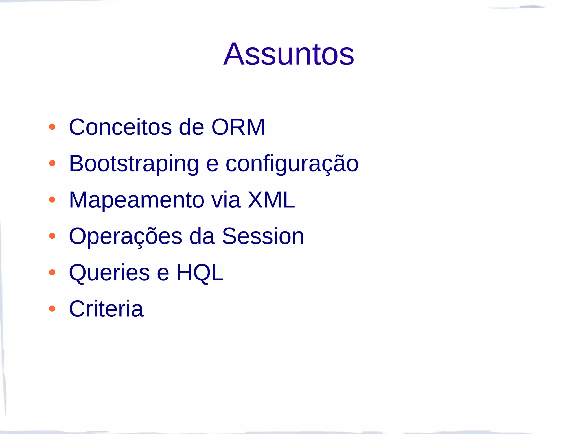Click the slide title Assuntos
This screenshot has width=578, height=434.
(x=289, y=54)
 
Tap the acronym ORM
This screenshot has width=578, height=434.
(x=238, y=127)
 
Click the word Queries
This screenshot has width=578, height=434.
(x=110, y=273)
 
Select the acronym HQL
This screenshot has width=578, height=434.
(x=200, y=273)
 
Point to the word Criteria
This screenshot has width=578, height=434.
(x=106, y=309)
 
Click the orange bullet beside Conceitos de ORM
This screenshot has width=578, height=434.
(x=52, y=127)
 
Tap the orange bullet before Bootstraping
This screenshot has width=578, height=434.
(x=52, y=163)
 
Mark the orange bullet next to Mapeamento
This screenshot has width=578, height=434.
(x=52, y=200)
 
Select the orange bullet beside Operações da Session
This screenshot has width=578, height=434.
(x=52, y=236)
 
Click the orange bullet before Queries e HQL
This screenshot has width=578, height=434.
(x=52, y=272)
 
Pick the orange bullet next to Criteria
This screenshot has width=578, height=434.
(x=52, y=309)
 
